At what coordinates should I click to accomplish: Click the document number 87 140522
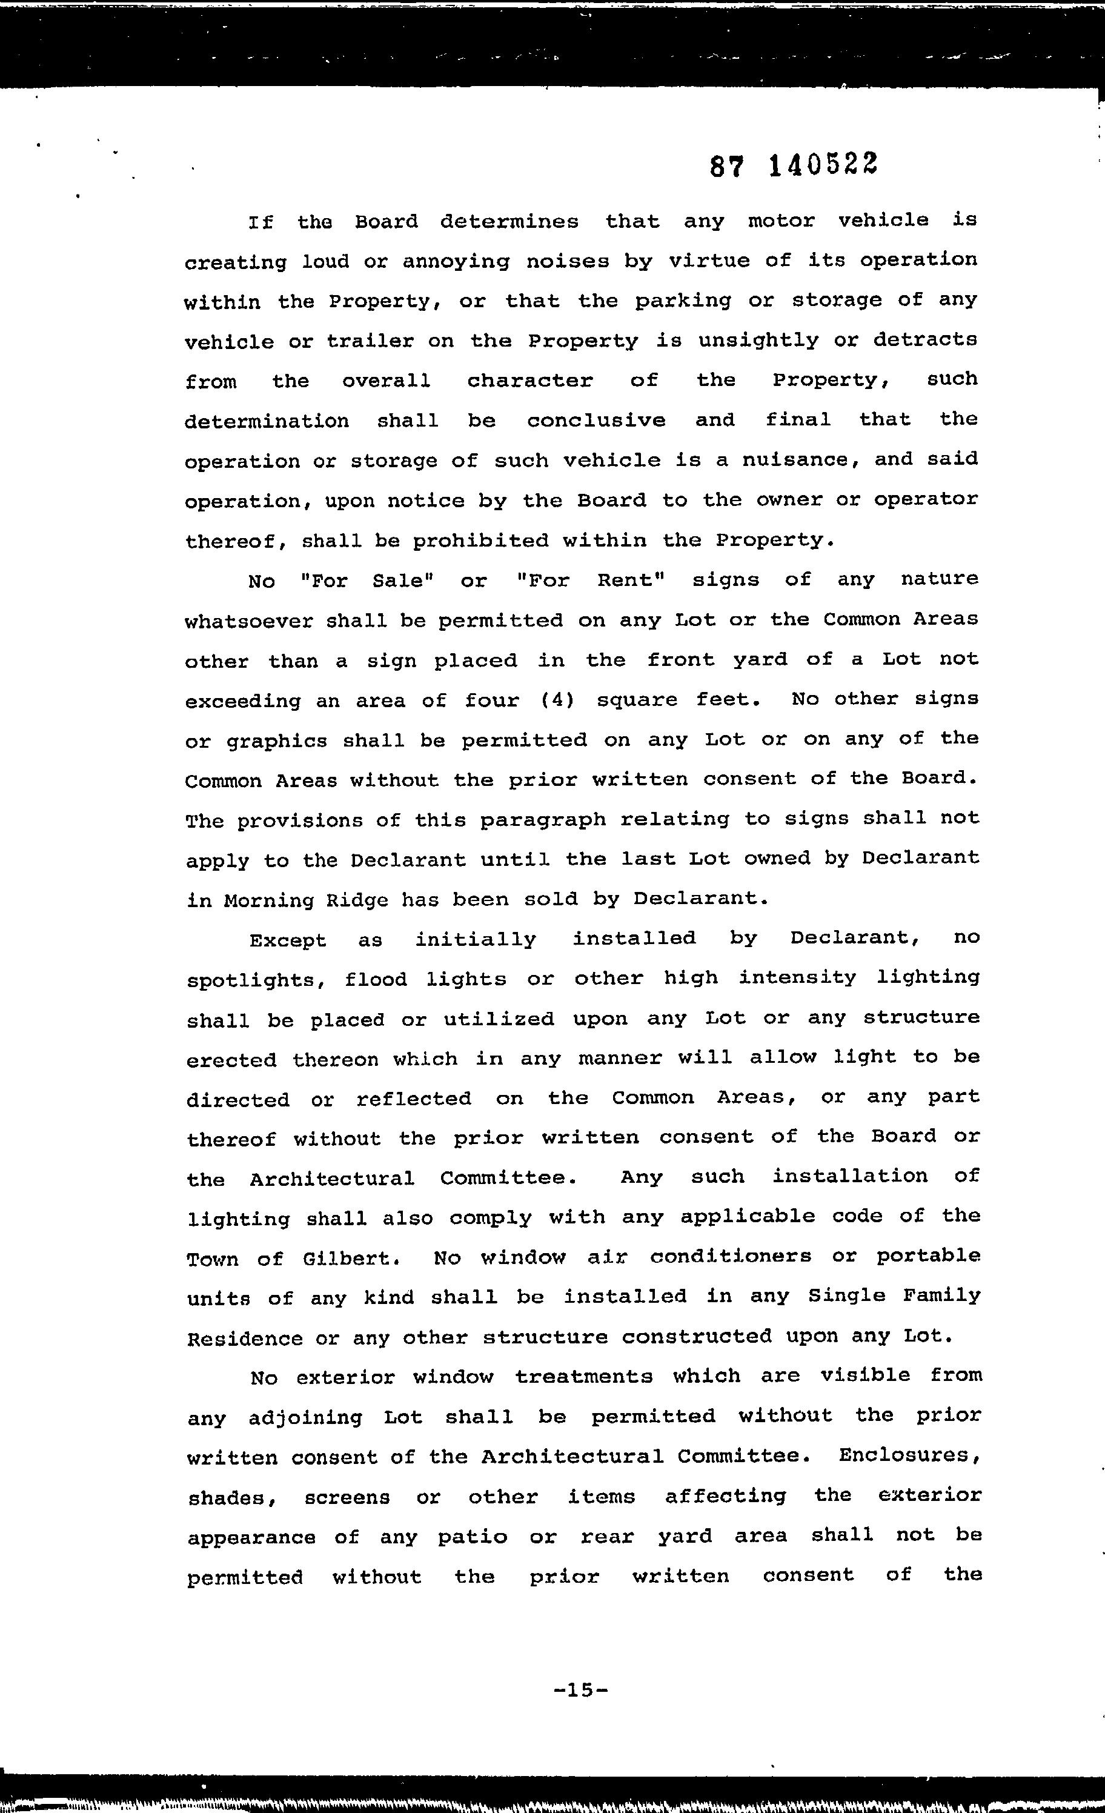click(794, 166)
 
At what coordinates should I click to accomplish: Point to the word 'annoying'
click(456, 262)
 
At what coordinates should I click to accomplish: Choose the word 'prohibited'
click(480, 541)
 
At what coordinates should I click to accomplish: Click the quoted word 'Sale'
click(399, 580)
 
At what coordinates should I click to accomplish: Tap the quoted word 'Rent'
click(625, 580)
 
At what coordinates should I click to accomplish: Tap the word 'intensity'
click(797, 978)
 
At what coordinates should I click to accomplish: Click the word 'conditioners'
click(731, 1257)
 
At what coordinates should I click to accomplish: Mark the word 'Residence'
click(245, 1339)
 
